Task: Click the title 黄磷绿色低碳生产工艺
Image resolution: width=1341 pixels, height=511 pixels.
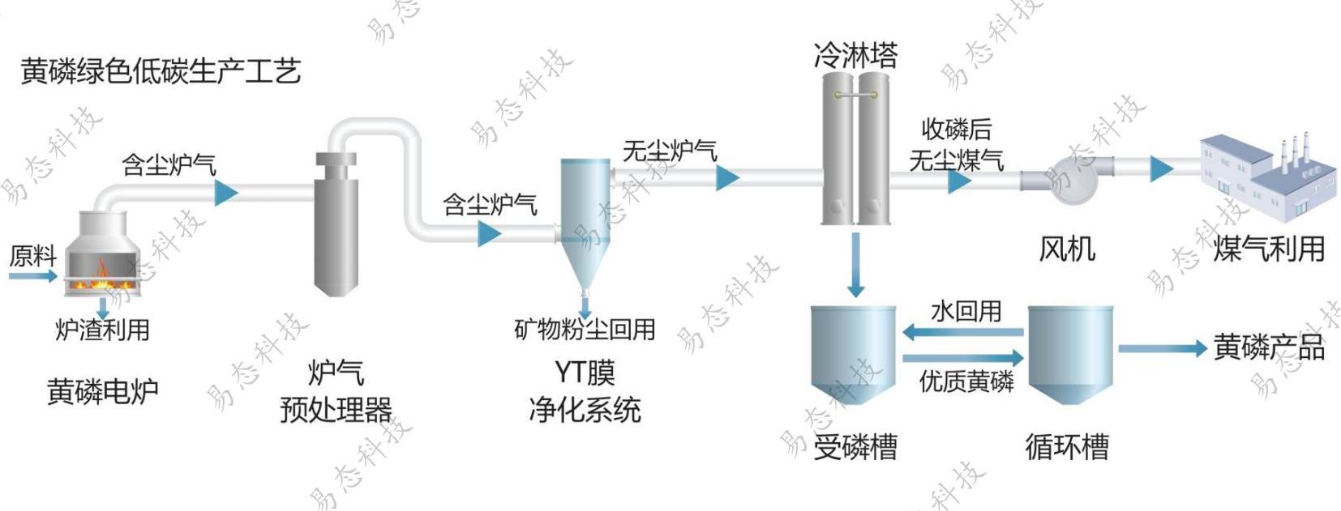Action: coord(161,71)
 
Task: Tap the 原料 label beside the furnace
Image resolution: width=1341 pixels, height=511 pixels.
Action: coord(32,256)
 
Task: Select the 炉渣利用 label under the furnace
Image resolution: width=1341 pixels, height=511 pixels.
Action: coord(102,330)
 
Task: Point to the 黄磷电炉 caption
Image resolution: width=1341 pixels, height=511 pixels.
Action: coord(102,392)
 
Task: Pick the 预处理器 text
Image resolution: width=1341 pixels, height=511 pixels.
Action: coord(336,410)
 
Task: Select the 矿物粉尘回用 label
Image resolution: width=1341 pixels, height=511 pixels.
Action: coord(585,329)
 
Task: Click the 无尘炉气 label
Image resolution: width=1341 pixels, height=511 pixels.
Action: coord(670,151)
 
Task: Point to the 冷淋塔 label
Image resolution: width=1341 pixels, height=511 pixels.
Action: coord(856,55)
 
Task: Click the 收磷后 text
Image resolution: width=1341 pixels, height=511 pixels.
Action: coord(957,129)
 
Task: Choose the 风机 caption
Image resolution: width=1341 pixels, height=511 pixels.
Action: coord(1067,249)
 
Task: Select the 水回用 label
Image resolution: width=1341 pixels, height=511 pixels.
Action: coord(966,311)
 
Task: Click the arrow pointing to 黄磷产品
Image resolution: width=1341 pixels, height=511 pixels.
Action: coord(1163,348)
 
